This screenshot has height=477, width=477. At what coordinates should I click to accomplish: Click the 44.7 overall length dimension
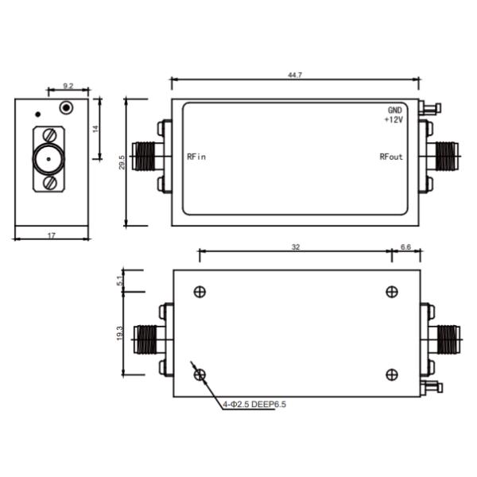(295, 75)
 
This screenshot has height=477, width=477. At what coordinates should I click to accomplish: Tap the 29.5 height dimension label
(122, 162)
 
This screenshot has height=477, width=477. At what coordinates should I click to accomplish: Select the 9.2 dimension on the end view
(68, 86)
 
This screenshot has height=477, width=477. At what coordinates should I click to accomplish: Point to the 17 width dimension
(52, 235)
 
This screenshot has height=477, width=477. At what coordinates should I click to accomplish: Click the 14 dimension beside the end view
(95, 129)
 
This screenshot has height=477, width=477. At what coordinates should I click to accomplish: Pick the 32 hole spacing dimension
(296, 247)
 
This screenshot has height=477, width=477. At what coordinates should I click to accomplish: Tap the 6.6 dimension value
(405, 247)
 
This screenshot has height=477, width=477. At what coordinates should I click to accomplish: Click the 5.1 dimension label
(121, 281)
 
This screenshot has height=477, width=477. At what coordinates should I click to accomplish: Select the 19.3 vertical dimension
(120, 333)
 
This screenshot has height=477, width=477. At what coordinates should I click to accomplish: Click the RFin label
(196, 157)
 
